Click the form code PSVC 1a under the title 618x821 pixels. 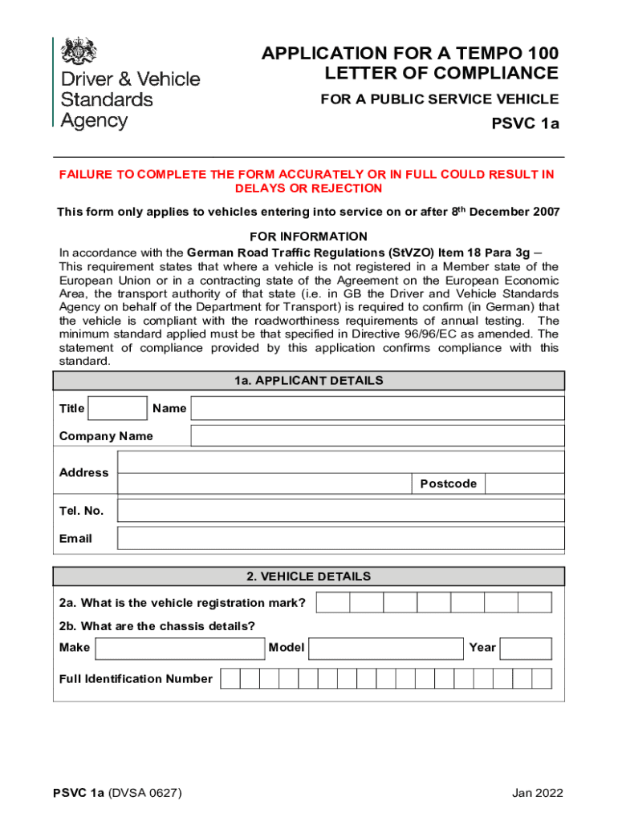tap(525, 124)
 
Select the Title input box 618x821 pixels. tap(117, 408)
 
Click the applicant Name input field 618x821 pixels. tap(377, 408)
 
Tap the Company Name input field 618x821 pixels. tap(377, 436)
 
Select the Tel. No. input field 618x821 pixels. tap(340, 511)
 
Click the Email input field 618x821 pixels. tap(340, 538)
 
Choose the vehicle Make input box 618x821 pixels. tap(180, 648)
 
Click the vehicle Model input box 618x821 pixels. tap(388, 648)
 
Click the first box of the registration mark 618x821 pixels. tap(332, 603)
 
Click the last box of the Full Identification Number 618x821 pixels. tap(542, 679)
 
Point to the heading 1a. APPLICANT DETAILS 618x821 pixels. tap(309, 381)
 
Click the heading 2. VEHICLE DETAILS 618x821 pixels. tap(309, 576)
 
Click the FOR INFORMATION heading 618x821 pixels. tap(309, 237)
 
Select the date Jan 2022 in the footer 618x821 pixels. tap(538, 794)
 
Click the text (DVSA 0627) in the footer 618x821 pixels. tap(145, 794)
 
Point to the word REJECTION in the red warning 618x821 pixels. tap(348, 188)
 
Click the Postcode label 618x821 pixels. tap(448, 483)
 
